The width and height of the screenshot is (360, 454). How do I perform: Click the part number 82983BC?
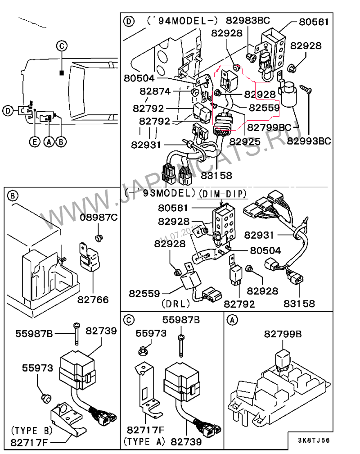click(247, 20)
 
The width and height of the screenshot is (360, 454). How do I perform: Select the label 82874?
click(155, 91)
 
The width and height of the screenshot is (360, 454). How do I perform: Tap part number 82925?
click(245, 141)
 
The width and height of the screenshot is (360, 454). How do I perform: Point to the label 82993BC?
click(309, 141)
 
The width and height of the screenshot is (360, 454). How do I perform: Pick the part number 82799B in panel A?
click(283, 334)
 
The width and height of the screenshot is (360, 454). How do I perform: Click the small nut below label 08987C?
click(99, 237)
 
